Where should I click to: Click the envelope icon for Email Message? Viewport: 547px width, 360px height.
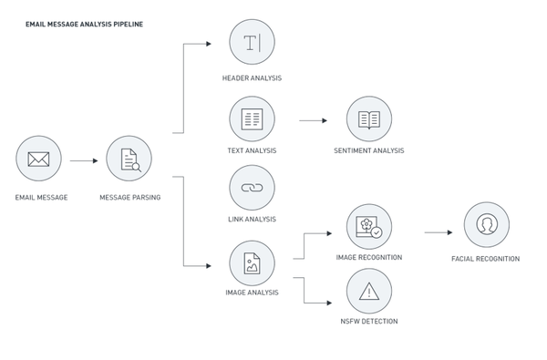(38, 159)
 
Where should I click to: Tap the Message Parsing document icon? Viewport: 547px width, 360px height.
(130, 160)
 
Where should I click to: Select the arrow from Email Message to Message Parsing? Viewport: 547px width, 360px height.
(84, 160)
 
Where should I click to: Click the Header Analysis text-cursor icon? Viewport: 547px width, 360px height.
(252, 43)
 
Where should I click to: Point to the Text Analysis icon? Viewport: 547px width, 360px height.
(252, 119)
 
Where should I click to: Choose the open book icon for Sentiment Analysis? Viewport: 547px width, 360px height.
(369, 120)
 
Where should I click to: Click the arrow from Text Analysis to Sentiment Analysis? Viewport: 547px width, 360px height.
(314, 120)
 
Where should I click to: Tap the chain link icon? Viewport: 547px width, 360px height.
(252, 188)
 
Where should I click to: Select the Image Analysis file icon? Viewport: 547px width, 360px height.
(252, 263)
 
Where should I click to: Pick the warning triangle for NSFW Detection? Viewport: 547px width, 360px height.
(369, 292)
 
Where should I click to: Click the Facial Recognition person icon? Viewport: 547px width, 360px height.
(487, 224)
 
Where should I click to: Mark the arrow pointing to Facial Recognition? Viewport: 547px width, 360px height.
(439, 232)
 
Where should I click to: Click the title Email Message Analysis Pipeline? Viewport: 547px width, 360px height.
(84, 24)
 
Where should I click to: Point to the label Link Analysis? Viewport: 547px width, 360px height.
(252, 219)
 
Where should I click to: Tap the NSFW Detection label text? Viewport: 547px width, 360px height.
(369, 321)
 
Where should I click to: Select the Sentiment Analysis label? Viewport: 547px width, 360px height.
(369, 150)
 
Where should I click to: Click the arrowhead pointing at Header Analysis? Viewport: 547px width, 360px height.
(209, 44)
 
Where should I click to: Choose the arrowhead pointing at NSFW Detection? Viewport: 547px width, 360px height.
(329, 303)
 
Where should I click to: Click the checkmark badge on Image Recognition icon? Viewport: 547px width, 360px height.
(377, 232)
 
